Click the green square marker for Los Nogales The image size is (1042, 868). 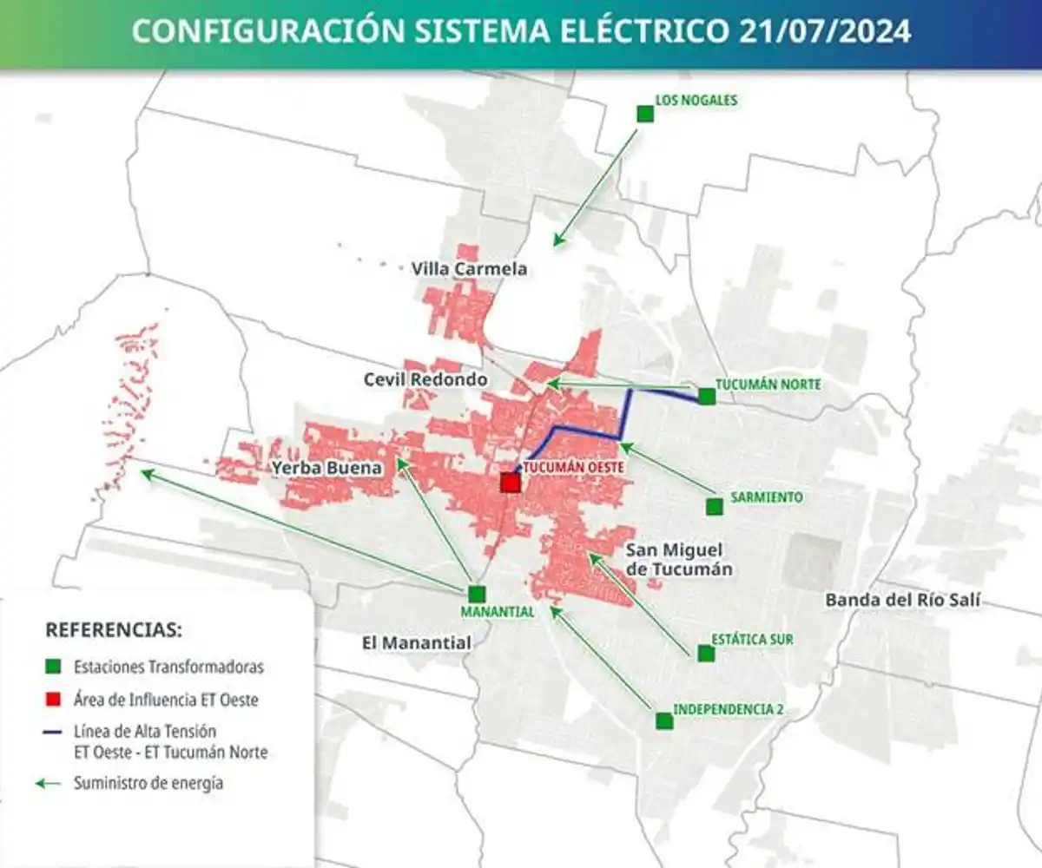[x=644, y=114]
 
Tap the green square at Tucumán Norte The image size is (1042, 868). [x=707, y=397]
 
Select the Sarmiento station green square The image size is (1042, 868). [x=714, y=506]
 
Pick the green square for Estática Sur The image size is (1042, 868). [x=706, y=653]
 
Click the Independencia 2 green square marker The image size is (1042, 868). [x=664, y=720]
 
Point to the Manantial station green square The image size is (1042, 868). [x=476, y=594]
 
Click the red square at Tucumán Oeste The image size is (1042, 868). [x=510, y=482]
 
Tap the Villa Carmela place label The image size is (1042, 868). [x=469, y=269]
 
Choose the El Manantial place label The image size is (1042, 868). [x=416, y=643]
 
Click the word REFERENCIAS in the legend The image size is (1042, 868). [x=113, y=628]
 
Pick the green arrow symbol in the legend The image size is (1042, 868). [x=49, y=783]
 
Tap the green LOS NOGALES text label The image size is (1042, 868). [x=696, y=100]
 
